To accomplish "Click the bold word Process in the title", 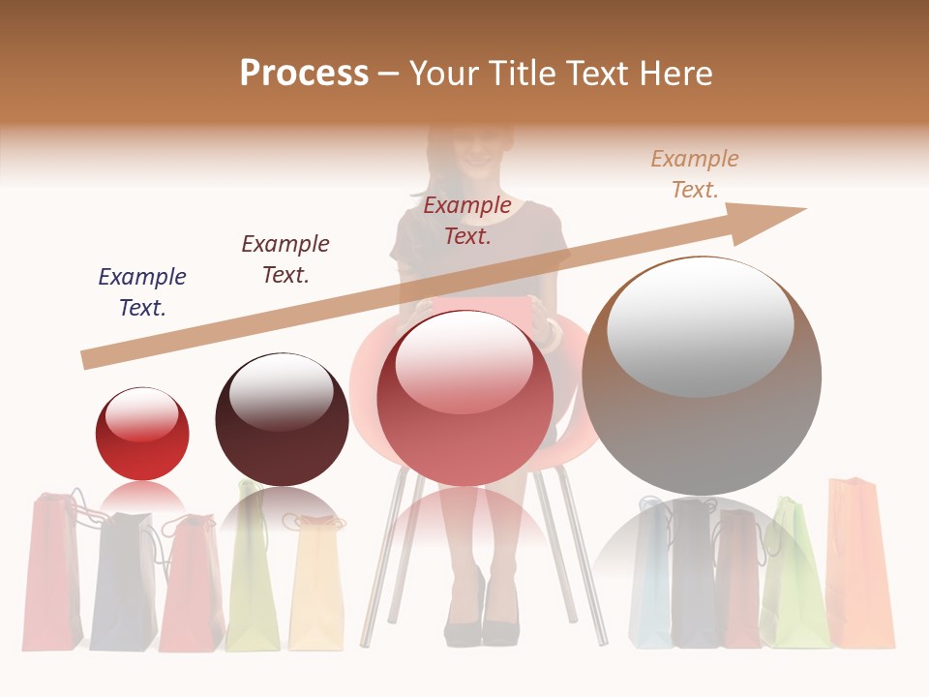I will click(x=304, y=73).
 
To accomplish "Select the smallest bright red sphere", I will click(x=142, y=434).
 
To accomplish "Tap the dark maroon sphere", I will click(x=282, y=420).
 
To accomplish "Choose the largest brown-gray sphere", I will click(x=702, y=376).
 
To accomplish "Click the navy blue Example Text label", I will click(x=142, y=292).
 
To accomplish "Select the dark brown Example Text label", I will click(x=285, y=259).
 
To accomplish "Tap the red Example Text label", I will click(x=467, y=221).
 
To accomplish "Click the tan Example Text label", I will click(x=695, y=174).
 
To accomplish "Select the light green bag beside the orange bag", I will click(x=794, y=576).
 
